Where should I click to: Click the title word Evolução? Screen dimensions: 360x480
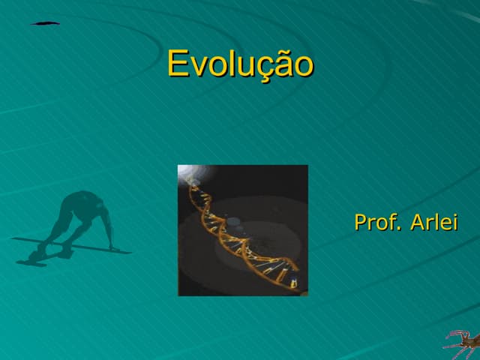pos(239,64)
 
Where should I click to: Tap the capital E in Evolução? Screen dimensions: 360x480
pos(177,64)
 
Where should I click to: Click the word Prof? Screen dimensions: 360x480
pos(377,223)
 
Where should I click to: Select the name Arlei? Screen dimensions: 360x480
pos(433,223)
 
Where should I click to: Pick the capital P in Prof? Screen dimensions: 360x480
pos(361,223)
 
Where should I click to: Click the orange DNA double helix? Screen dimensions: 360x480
pos(238,232)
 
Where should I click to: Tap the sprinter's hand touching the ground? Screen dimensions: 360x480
pos(113,248)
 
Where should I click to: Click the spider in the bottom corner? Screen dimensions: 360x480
pos(461,343)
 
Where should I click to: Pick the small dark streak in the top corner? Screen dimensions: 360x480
pos(45,23)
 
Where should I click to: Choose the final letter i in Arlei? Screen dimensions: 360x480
pos(454,223)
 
